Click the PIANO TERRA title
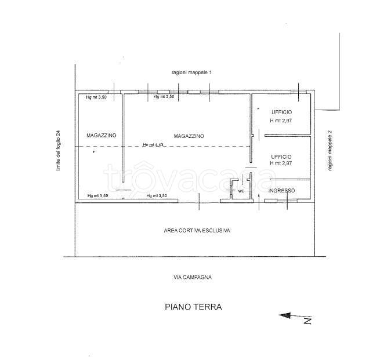[x=193, y=307]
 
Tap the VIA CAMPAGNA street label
[x=193, y=277]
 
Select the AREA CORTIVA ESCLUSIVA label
[x=197, y=231]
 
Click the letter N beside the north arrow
[x=308, y=321]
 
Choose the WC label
[x=241, y=191]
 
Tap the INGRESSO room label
[x=281, y=191]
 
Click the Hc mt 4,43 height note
[x=153, y=145]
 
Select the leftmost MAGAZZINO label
[x=102, y=135]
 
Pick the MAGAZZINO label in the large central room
[x=189, y=136]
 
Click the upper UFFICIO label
[x=281, y=112]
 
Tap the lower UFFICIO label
[x=281, y=157]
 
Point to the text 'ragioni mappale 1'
[x=191, y=72]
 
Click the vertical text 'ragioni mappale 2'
[x=330, y=151]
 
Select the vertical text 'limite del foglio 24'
[x=58, y=151]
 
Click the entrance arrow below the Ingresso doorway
[x=259, y=202]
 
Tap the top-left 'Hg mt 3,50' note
[x=96, y=97]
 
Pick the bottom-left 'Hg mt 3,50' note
[x=98, y=195]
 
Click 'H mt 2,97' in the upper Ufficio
[x=281, y=121]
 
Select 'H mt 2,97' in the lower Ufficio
[x=281, y=163]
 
